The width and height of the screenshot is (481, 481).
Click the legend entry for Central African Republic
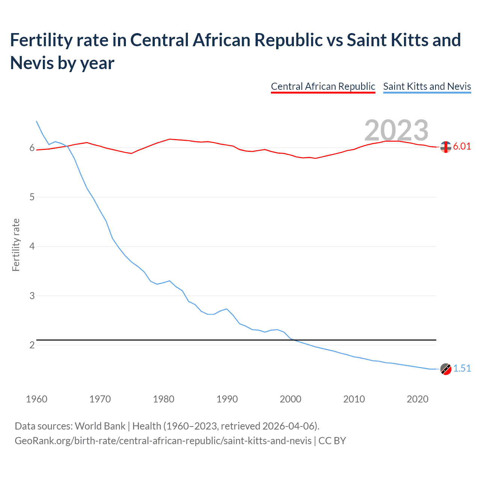click(323, 86)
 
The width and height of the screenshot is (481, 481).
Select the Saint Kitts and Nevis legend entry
click(427, 86)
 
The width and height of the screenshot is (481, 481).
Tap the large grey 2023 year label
click(396, 130)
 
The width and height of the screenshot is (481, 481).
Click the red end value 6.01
click(462, 147)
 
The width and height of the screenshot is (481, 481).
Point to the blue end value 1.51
click(462, 369)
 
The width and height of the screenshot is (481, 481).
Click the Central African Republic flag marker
click(446, 147)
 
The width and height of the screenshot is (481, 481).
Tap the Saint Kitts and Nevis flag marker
click(446, 369)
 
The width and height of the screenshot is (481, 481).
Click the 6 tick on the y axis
click(32, 148)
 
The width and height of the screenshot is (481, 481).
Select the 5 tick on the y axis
click(32, 197)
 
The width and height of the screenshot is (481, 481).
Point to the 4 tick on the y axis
click(32, 247)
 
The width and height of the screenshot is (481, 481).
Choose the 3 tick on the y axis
click(32, 296)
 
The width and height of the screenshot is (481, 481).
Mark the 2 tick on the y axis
click(32, 345)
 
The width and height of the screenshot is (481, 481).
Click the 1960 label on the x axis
click(36, 399)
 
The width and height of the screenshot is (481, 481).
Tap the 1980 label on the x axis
click(163, 399)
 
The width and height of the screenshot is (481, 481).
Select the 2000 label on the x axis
click(290, 399)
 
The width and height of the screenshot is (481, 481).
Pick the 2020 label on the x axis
click(417, 399)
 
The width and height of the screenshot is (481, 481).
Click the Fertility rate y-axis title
click(16, 245)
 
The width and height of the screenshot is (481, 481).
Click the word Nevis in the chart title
click(31, 63)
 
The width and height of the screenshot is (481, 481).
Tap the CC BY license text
click(332, 441)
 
